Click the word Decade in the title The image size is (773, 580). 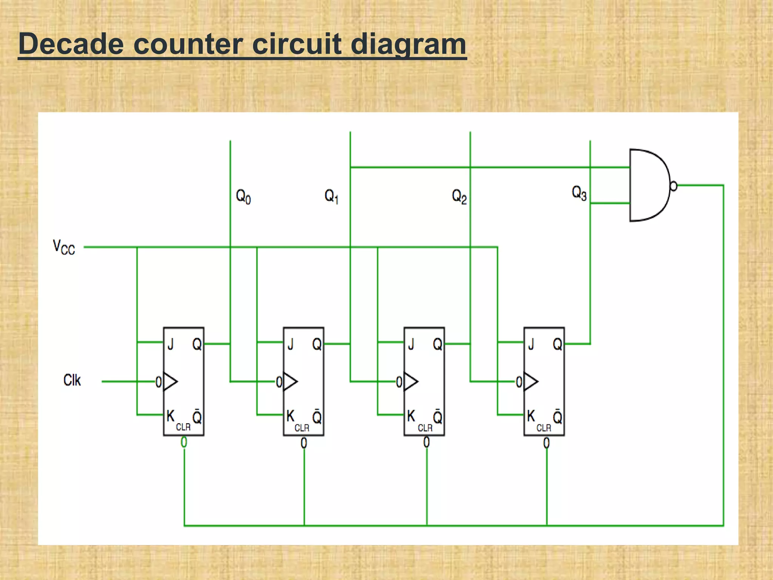click(71, 44)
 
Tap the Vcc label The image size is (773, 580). click(64, 247)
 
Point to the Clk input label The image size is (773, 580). click(72, 380)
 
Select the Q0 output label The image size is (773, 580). click(243, 197)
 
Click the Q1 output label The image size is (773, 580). click(331, 197)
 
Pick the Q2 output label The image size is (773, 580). click(459, 197)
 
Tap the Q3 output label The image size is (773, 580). click(579, 193)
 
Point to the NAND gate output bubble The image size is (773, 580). click(673, 186)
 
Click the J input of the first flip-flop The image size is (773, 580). click(171, 344)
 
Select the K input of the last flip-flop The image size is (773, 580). click(531, 416)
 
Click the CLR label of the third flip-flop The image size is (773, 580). click(425, 428)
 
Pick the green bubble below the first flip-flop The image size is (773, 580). click(184, 442)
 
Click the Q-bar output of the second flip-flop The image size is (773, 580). click(317, 416)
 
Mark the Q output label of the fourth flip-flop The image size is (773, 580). click(557, 344)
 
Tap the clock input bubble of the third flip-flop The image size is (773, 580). click(399, 382)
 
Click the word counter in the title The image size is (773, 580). click(188, 44)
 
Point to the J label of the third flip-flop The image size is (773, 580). click(411, 344)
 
